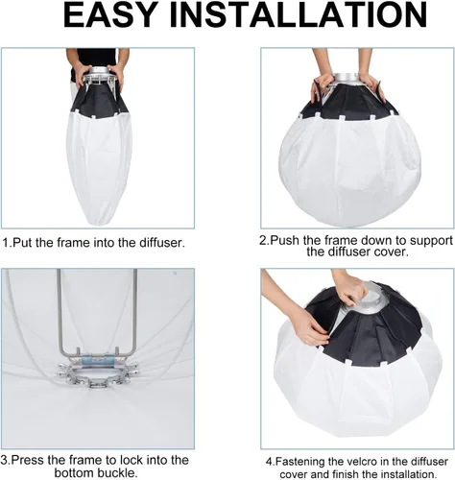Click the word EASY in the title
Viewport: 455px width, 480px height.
pyautogui.click(x=109, y=15)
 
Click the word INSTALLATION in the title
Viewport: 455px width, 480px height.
pyautogui.click(x=298, y=15)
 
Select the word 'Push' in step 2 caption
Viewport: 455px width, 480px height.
pyautogui.click(x=285, y=240)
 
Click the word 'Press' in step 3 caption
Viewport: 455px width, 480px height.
pyautogui.click(x=28, y=460)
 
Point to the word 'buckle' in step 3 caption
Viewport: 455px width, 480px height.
pyautogui.click(x=115, y=472)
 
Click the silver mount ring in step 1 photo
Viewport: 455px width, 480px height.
pyautogui.click(x=99, y=72)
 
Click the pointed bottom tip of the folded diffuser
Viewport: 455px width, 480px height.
pyautogui.click(x=100, y=225)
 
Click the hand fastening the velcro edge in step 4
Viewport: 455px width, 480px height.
pyautogui.click(x=310, y=329)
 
